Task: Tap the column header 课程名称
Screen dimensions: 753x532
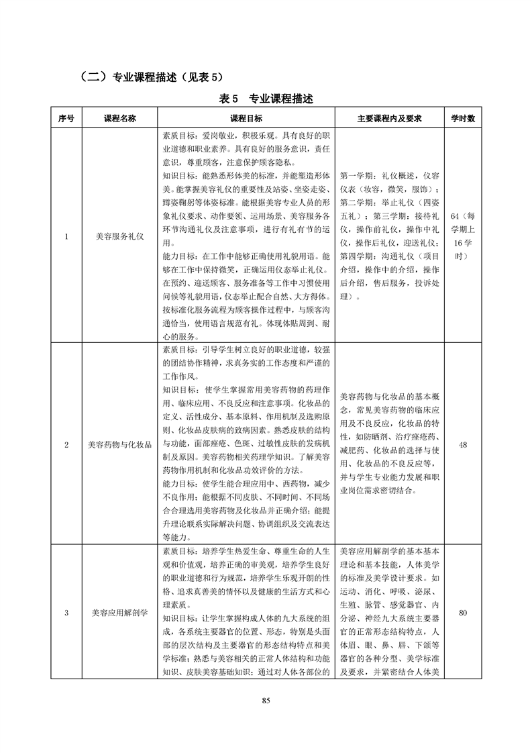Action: (x=119, y=118)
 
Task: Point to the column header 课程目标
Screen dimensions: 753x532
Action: (x=246, y=118)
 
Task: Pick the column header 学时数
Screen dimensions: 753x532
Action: (x=463, y=118)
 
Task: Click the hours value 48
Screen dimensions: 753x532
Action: (x=463, y=444)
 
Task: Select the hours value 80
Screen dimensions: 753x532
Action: (x=463, y=613)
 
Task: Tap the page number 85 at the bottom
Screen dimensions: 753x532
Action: (x=266, y=701)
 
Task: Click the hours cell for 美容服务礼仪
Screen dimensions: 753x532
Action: (x=463, y=236)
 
